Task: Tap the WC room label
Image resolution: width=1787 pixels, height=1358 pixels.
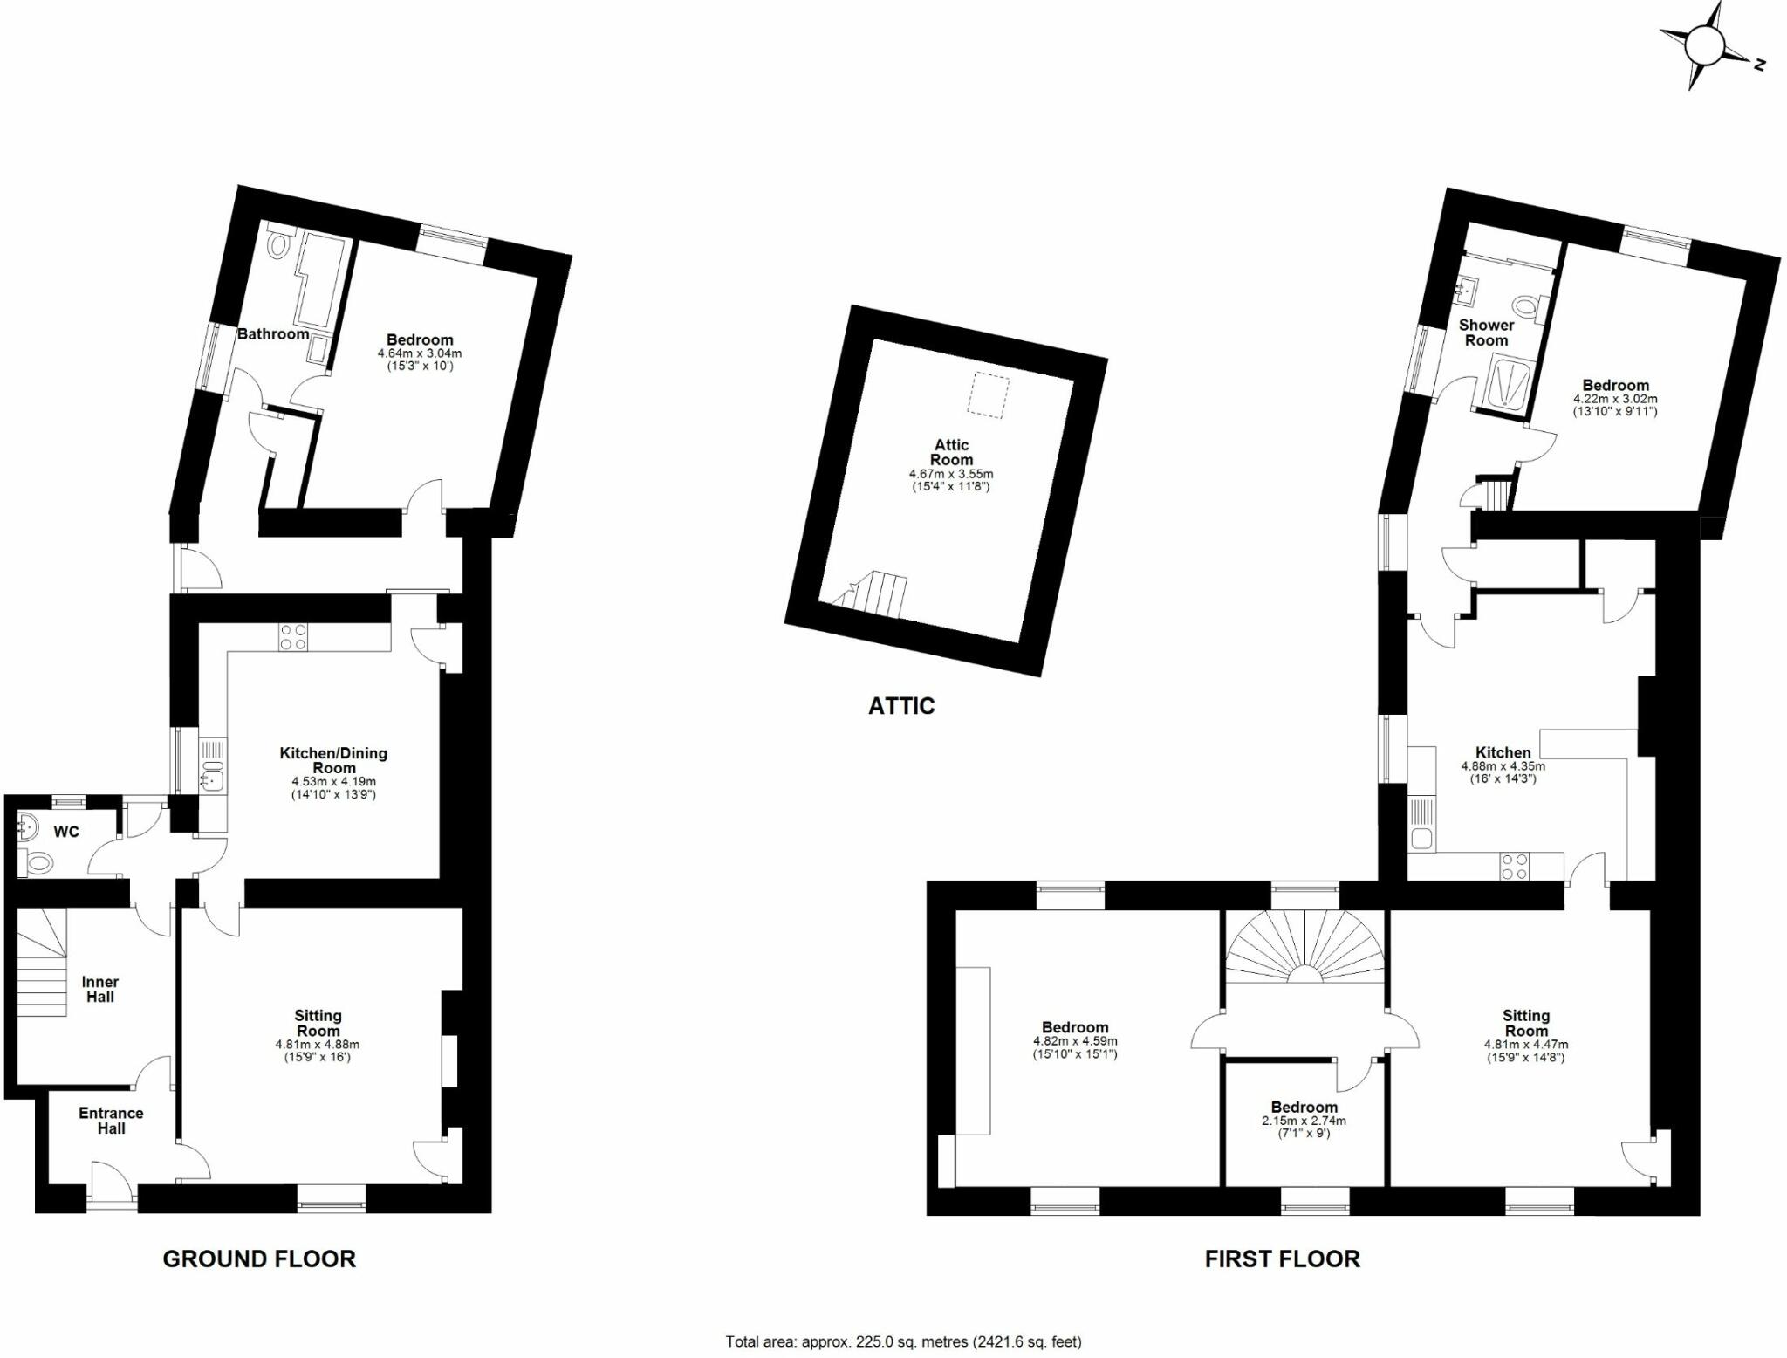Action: (x=66, y=832)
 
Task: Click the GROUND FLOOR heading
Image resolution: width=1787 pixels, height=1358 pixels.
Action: (x=259, y=1259)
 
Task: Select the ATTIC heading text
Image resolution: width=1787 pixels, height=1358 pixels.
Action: (x=901, y=706)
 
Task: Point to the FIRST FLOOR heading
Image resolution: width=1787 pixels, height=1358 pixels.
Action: (x=1282, y=1259)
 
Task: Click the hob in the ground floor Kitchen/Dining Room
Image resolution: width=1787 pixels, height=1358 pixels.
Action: (x=292, y=637)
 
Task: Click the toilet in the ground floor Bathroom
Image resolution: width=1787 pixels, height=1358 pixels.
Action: (x=279, y=245)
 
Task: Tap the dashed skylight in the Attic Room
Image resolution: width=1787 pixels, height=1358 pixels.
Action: (x=989, y=394)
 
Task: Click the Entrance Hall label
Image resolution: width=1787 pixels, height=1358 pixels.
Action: (x=111, y=1121)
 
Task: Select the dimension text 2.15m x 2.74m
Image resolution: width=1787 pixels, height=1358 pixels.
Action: (x=1304, y=1121)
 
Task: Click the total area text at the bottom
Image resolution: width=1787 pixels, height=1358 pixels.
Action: (x=903, y=1341)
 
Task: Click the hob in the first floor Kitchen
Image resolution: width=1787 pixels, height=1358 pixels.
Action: (x=1514, y=866)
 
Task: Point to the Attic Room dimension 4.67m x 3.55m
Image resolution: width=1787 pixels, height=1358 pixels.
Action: (x=951, y=474)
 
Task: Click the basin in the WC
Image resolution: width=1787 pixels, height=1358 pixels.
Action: (x=27, y=825)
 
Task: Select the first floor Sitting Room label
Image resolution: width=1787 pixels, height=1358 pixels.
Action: (x=1525, y=1023)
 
